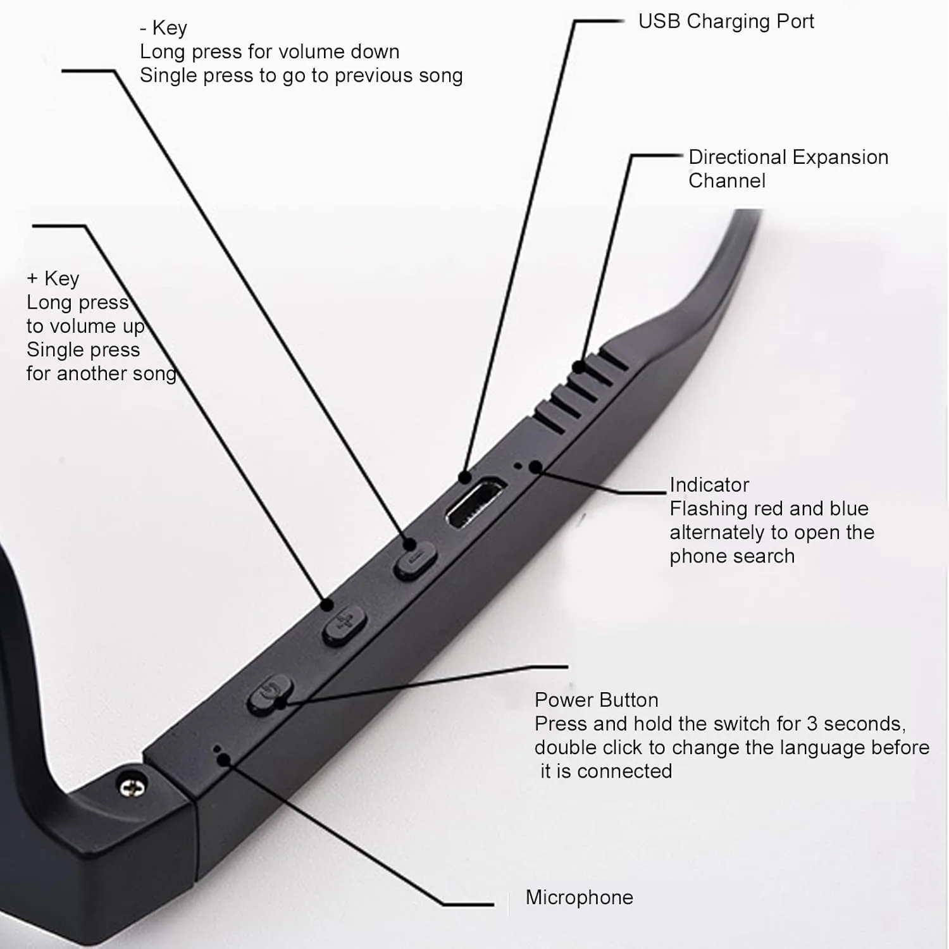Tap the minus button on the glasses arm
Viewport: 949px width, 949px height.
coord(416,561)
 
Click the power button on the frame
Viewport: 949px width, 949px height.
coord(270,694)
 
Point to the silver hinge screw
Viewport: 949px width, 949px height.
coord(132,786)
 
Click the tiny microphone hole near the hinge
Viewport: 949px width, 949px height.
coord(217,749)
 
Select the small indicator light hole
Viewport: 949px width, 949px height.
coord(519,466)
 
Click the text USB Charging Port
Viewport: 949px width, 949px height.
coord(726,22)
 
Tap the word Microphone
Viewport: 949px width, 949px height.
coord(579,897)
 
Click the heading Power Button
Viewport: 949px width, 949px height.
coord(596,700)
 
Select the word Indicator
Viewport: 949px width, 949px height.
coord(709,485)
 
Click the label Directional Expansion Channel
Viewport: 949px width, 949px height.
coord(788,169)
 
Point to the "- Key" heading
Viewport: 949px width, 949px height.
coord(163,28)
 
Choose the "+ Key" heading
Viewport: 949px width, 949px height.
coord(53,278)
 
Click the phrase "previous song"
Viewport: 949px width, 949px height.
coord(399,76)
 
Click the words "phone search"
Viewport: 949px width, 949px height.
coord(732,557)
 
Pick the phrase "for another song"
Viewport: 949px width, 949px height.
coord(101,374)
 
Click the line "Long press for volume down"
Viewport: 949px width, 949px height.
coord(270,52)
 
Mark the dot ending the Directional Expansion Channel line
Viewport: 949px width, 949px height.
coord(578,367)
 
